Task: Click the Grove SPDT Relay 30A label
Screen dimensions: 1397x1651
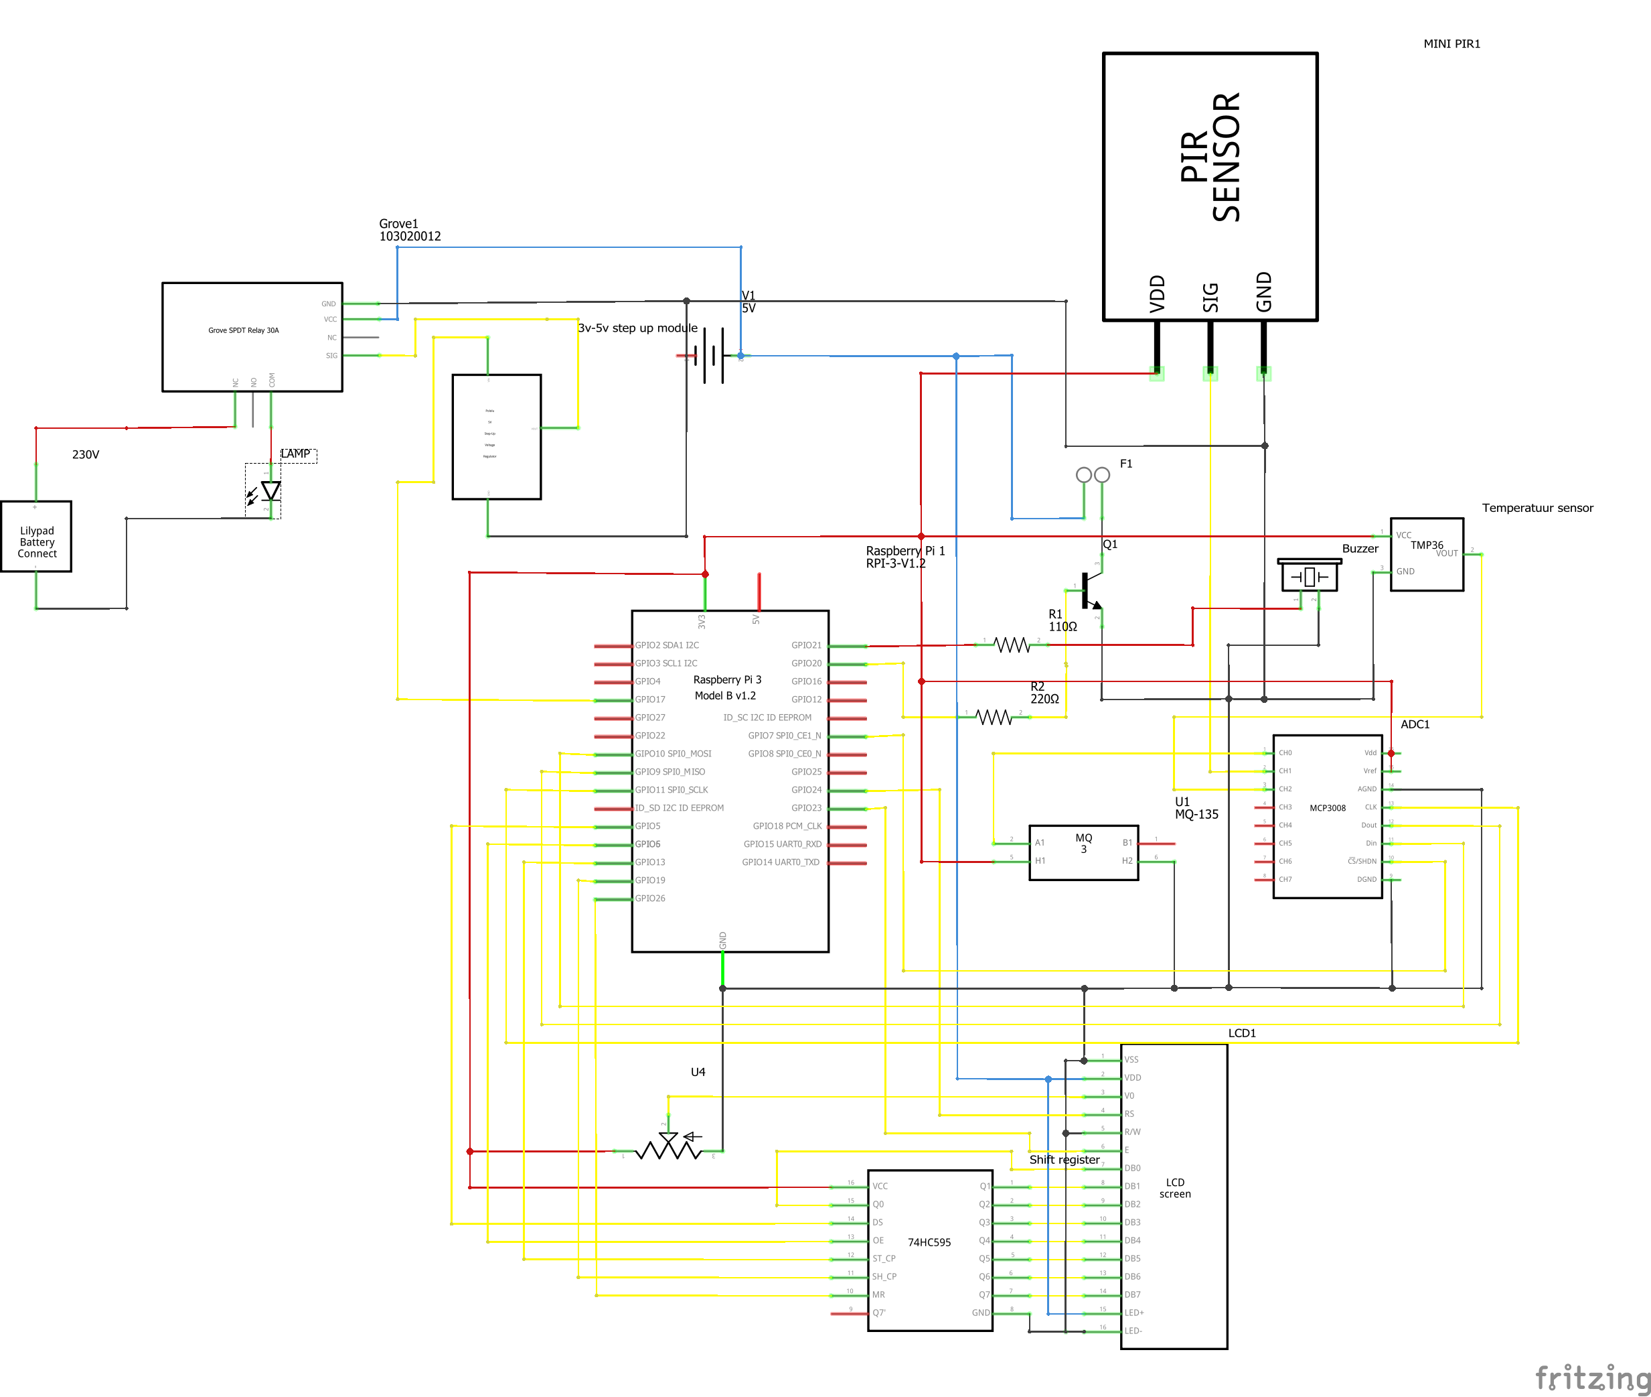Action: coord(243,330)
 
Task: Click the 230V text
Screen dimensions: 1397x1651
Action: coord(86,454)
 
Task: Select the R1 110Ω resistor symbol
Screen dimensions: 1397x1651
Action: coord(1012,645)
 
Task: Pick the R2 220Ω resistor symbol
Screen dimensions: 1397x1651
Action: coord(994,717)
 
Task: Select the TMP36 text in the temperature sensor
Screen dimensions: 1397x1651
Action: coord(1425,545)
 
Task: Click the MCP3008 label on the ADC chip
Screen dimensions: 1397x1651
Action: coord(1326,808)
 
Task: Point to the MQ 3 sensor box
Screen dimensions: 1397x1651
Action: coord(1083,852)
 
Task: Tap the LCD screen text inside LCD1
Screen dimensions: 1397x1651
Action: coord(1174,1188)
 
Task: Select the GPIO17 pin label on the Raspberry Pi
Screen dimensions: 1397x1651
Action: coord(650,700)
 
